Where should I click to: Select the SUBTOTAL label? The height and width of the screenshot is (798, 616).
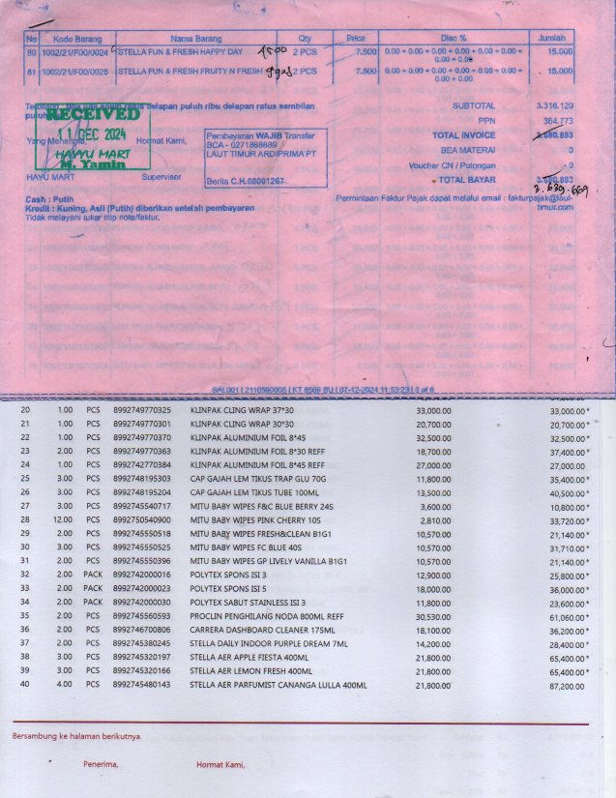pos(474,105)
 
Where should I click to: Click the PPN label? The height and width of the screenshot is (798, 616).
pos(486,120)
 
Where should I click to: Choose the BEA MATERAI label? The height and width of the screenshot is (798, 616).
pos(468,150)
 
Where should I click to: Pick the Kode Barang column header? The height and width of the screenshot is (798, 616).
pos(77,38)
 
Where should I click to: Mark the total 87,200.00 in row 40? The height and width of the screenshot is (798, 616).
pos(566,686)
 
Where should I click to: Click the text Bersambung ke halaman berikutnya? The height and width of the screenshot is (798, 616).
pos(76,737)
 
